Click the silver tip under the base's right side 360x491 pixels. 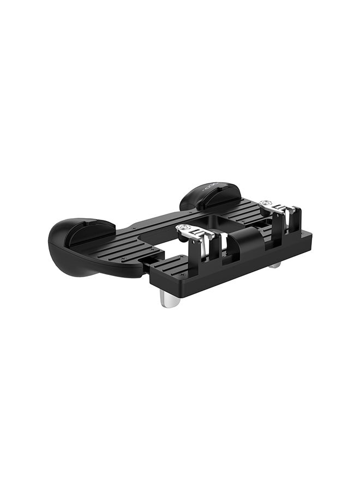[275, 265]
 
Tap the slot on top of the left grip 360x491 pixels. [90, 226]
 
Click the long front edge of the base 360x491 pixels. [235, 270]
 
